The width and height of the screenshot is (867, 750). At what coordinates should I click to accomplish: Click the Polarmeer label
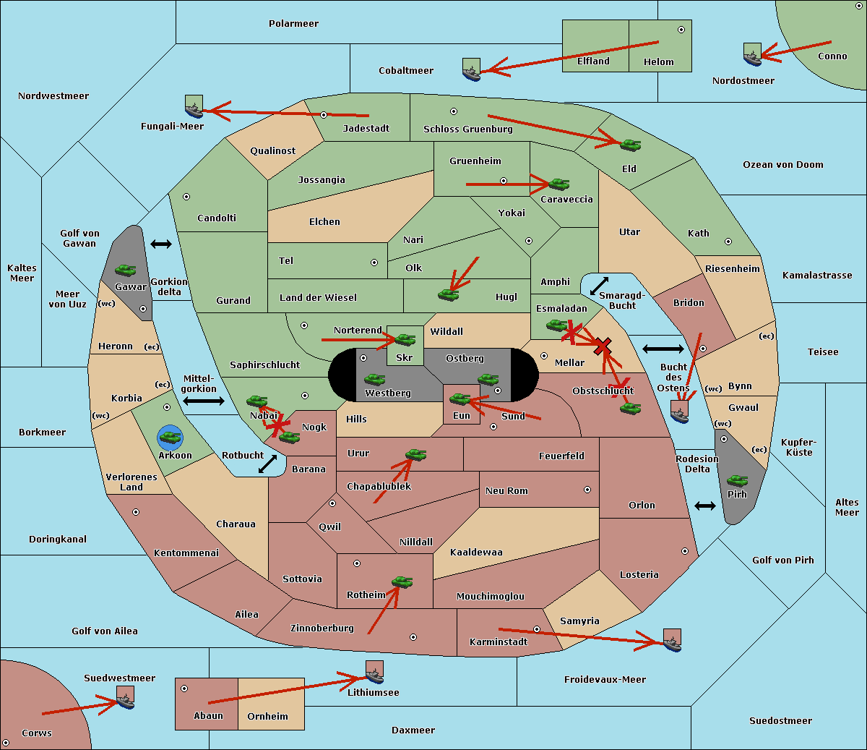[x=293, y=24]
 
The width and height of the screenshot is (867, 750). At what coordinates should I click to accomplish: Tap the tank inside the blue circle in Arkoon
[x=171, y=437]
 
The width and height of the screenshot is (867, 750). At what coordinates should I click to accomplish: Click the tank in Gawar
[x=126, y=270]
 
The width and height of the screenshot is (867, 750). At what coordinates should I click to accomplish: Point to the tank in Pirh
[x=737, y=480]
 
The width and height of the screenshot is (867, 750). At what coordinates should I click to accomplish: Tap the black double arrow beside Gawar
[x=161, y=244]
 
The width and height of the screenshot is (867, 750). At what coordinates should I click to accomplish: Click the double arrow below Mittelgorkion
[x=204, y=401]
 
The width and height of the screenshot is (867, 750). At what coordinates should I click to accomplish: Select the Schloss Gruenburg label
[x=468, y=129]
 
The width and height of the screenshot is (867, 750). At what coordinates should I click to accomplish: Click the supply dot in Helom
[x=681, y=30]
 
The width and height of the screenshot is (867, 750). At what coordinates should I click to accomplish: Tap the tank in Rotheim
[x=402, y=581]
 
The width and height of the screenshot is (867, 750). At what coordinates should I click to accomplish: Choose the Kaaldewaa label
[x=476, y=553]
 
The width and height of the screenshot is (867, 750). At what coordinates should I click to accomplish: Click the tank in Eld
[x=630, y=145]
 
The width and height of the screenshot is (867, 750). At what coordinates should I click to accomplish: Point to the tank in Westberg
[x=374, y=379]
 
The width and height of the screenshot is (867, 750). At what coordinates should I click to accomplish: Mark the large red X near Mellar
[x=603, y=347]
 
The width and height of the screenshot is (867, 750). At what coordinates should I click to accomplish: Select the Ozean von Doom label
[x=783, y=165]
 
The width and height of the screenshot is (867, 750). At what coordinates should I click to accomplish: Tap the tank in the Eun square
[x=460, y=399]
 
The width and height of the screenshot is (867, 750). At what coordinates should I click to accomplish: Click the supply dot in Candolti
[x=186, y=197]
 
